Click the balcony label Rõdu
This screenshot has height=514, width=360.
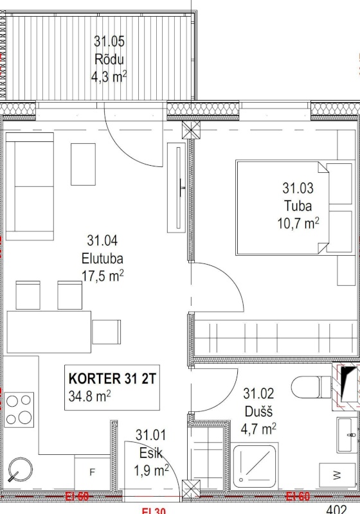coord(109,60)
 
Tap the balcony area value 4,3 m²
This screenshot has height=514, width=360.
coord(109,78)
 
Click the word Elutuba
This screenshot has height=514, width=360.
coord(102,259)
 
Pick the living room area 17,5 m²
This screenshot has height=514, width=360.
coord(102,276)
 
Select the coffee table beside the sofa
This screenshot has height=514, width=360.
coord(83,163)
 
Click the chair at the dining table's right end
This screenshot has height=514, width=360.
coord(106,332)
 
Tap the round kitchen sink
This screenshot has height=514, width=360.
coord(19,472)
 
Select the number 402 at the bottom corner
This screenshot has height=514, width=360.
coord(336,509)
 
